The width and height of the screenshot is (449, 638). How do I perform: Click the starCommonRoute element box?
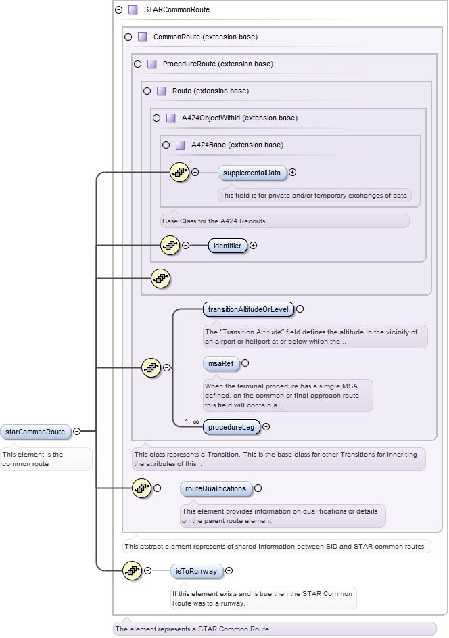35,432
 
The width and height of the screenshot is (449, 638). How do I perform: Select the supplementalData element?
252,173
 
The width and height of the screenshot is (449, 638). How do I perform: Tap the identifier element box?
228,246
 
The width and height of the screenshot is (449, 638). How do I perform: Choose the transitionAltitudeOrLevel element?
248,310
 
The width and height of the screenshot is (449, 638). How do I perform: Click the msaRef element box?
221,363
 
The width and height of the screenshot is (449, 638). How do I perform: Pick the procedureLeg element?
231,427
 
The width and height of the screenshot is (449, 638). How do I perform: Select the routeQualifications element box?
216,488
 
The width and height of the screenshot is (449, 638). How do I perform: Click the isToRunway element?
196,572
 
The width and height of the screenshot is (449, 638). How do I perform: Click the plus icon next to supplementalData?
293,173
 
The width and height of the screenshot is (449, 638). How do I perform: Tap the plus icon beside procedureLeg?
266,427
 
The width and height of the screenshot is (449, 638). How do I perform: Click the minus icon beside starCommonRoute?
77,432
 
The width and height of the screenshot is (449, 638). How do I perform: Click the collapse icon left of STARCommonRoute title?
119,10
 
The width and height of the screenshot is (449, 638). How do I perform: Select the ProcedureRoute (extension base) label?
218,64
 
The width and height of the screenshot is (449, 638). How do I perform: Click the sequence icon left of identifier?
170,246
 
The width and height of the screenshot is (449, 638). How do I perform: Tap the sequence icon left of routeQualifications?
141,488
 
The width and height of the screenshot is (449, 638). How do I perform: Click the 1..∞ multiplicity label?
192,421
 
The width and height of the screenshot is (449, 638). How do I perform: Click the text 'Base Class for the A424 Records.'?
214,221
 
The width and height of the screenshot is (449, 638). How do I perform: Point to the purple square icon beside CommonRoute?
142,37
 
